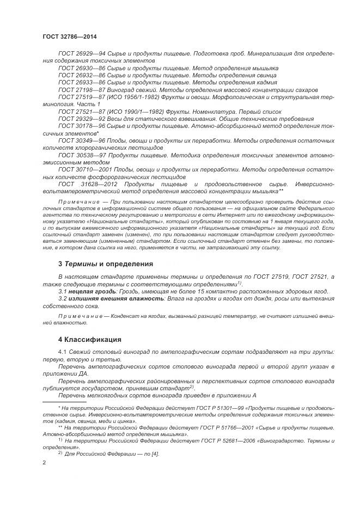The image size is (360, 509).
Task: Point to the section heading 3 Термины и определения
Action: coord(106,264)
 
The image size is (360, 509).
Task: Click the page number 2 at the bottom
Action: coord(44,462)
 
